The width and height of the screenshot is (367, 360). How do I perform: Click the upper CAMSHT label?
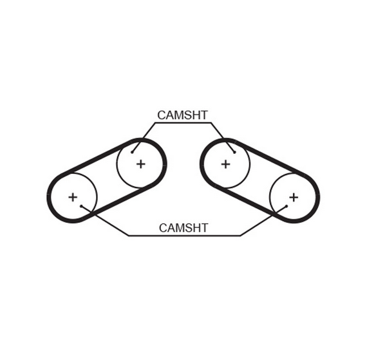pos(182,115)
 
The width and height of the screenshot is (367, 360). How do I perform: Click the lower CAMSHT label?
pos(183,228)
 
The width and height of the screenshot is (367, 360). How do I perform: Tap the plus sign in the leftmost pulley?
pos(73,197)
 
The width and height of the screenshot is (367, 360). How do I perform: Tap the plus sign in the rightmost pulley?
pos(294,198)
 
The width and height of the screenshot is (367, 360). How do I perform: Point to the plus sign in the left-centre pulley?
pos(141,164)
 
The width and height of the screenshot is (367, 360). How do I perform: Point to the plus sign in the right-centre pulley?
pos(225,164)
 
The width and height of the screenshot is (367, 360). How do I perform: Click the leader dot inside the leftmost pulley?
pos(81,206)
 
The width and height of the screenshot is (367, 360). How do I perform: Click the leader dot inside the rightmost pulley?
pos(287,206)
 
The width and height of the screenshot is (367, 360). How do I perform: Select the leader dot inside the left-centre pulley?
pos(132,153)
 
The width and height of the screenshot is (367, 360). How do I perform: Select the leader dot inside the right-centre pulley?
pos(234,153)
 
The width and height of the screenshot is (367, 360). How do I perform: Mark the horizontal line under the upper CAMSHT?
pos(183,122)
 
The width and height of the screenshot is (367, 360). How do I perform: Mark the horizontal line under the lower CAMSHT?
pos(184,235)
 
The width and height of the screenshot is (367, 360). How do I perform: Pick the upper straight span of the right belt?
pos(270,156)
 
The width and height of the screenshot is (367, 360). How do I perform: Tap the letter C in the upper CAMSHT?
pos(162,115)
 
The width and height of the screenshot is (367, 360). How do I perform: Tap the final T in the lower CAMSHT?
pos(204,228)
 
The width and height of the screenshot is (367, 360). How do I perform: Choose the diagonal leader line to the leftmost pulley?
pos(105,221)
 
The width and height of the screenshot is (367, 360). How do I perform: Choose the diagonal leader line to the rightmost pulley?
pos(263,221)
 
